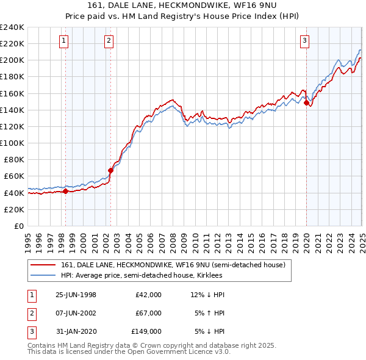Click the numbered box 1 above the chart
(x=64, y=41)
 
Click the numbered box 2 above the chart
(x=109, y=41)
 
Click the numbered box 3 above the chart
(x=304, y=41)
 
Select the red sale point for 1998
(x=66, y=191)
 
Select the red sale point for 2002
(x=110, y=170)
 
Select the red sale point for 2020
(x=306, y=103)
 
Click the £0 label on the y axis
(x=18, y=226)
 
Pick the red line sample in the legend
(x=43, y=265)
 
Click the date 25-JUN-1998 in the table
(x=76, y=295)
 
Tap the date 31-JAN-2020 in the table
(x=76, y=331)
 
